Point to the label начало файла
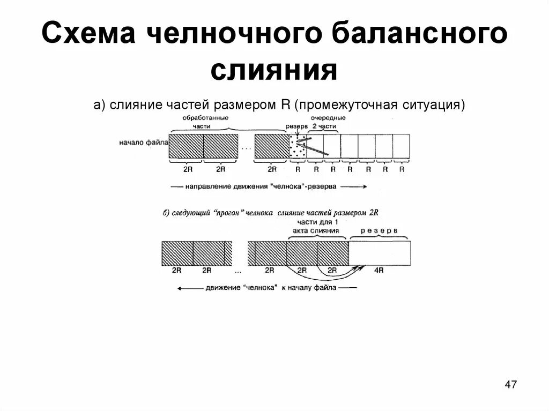tap(144, 143)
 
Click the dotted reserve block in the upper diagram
tap(298, 146)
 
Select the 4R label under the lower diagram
tap(379, 271)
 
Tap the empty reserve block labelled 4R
tap(380, 253)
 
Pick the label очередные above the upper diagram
tap(328, 117)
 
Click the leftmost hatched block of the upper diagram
tap(186, 146)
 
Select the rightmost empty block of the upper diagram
tap(401, 146)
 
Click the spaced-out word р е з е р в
tap(379, 230)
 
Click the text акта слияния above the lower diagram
tap(316, 230)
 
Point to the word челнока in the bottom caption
tap(260, 288)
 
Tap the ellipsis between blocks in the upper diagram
tap(246, 147)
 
